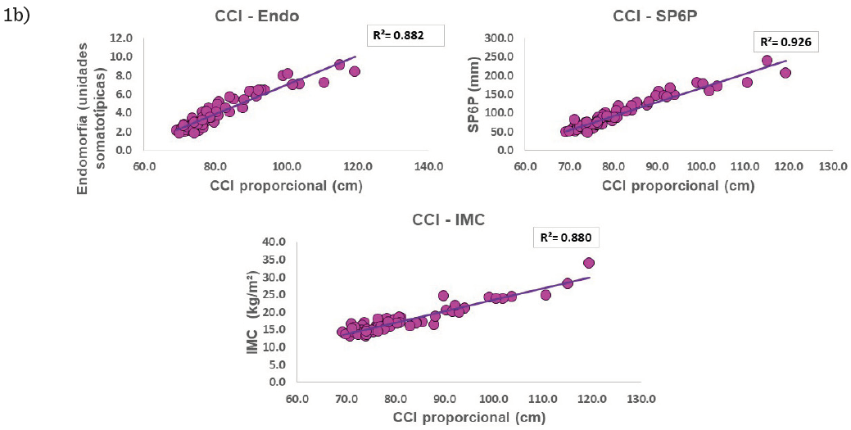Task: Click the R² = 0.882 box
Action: [x=405, y=35]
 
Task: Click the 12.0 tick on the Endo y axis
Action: [x=122, y=38]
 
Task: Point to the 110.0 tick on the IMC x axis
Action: [x=542, y=399]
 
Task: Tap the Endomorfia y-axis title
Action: [x=92, y=94]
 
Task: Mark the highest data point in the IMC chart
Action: [x=588, y=263]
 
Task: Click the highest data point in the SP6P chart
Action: [x=767, y=61]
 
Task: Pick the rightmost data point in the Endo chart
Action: [x=355, y=71]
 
